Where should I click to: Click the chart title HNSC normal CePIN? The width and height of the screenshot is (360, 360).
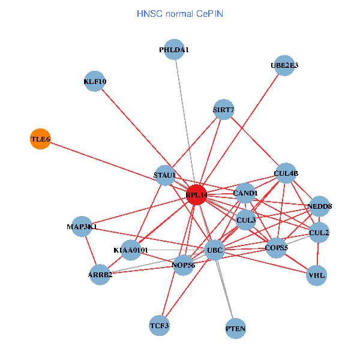180,13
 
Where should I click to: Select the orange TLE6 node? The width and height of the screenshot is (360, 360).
40,139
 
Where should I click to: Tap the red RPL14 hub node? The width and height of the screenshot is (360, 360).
197,194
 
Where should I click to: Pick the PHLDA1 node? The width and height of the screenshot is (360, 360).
174,50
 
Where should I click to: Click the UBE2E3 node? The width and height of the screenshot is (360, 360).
284,65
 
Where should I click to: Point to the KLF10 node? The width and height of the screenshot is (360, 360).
94,82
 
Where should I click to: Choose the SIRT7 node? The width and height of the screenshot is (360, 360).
223,110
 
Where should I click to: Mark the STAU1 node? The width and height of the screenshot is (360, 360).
164,175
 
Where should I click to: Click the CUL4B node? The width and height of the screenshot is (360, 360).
286,173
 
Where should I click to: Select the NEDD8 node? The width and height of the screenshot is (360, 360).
320,206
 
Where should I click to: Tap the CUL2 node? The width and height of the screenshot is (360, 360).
319,232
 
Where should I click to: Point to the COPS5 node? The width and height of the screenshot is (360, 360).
276,247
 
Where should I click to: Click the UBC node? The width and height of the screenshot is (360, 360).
214,250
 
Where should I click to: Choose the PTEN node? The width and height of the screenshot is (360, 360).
235,329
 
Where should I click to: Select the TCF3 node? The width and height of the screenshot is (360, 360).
160,326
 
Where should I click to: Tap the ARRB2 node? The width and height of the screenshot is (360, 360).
100,275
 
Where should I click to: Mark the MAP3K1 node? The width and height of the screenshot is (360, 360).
82,227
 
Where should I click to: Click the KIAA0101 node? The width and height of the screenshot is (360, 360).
131,250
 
